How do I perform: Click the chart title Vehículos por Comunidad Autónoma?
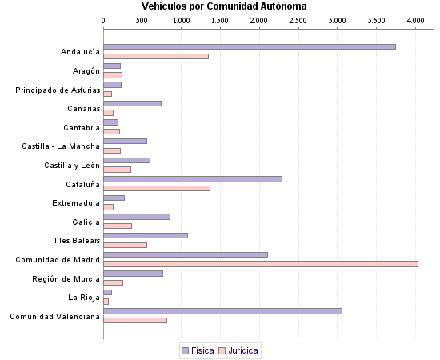[218, 6]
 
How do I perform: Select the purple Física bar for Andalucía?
[249, 46]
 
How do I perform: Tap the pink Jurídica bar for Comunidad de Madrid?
[260, 263]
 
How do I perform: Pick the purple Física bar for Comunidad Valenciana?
[222, 310]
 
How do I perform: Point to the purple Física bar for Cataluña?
[193, 178]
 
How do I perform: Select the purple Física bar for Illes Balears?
[146, 235]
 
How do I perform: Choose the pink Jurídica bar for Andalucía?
[156, 56]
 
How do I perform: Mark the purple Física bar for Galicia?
[137, 216]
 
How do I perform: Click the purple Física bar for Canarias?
[132, 103]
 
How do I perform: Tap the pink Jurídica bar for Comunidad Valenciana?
[135, 320]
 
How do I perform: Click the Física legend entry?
[198, 350]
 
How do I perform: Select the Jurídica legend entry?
[242, 350]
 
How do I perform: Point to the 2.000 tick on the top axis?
[259, 20]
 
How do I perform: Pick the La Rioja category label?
[83, 298]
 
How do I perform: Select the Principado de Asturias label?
[58, 90]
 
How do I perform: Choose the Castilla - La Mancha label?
[61, 146]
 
